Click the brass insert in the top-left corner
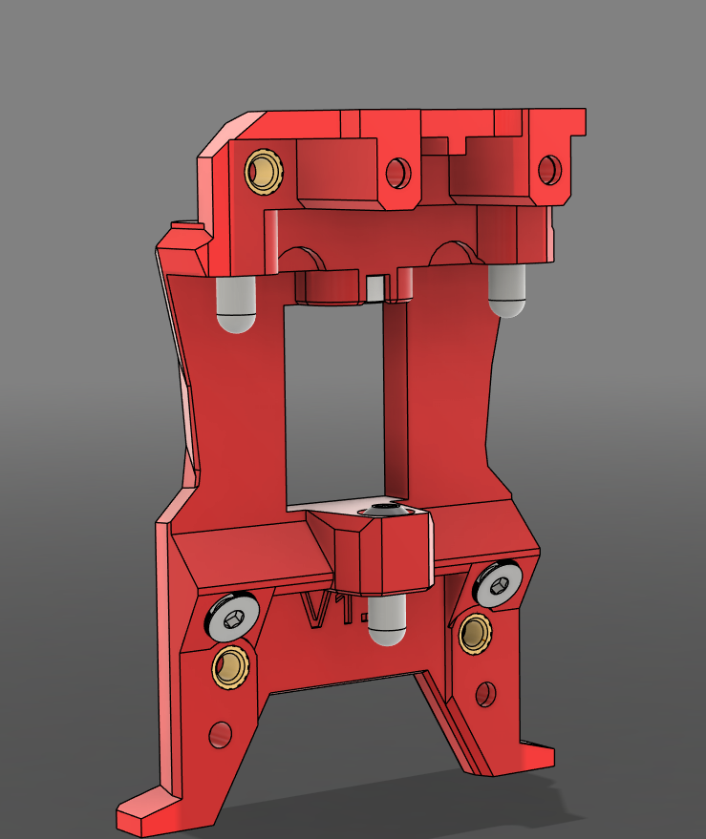264,172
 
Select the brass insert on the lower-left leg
230,665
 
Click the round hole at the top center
397,173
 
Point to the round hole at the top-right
549,170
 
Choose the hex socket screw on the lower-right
500,584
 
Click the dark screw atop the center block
382,511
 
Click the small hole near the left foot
221,735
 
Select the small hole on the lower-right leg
486,694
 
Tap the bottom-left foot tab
143,812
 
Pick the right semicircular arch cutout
452,253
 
